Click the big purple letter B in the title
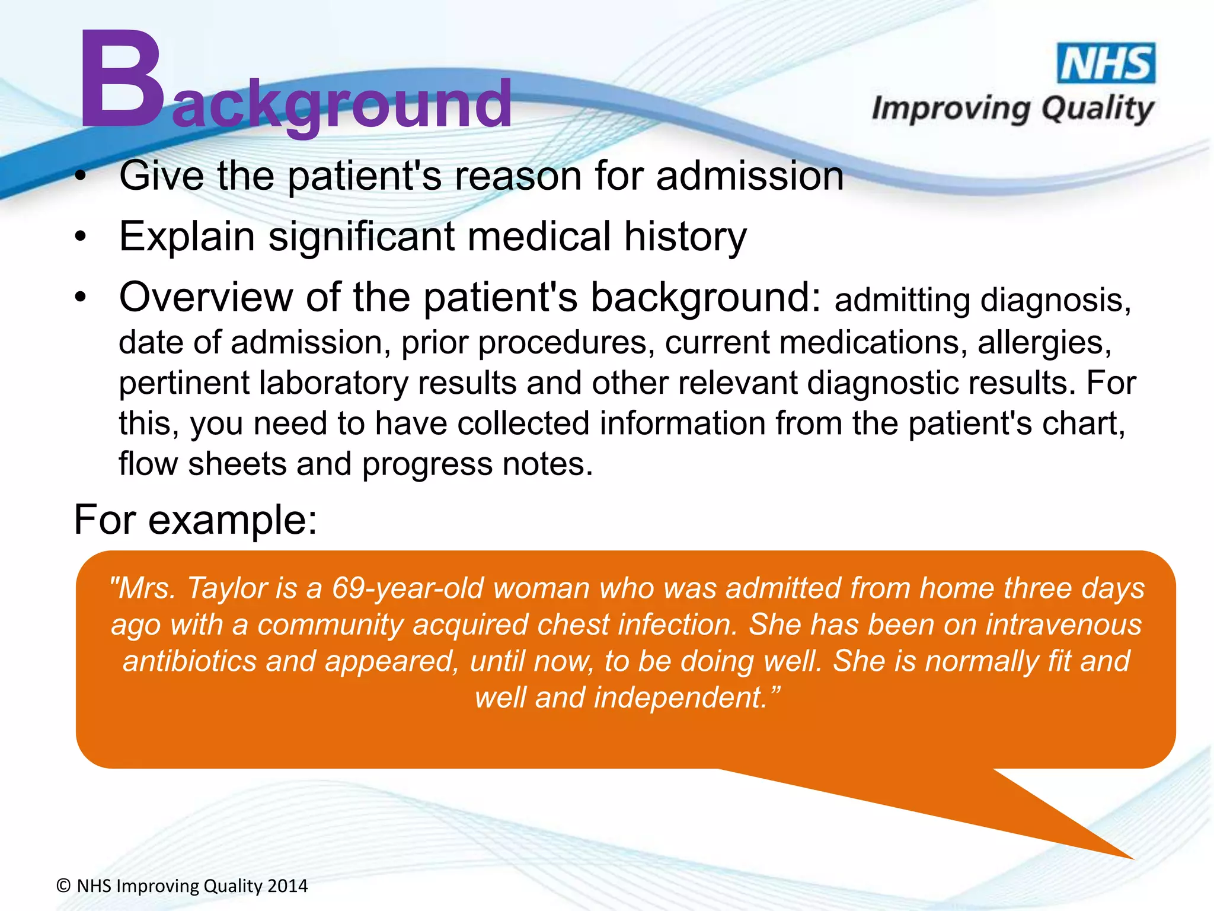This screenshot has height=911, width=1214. coord(122,80)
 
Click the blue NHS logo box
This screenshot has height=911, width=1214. coord(1106,63)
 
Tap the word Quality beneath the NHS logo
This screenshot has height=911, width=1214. coord(1097,110)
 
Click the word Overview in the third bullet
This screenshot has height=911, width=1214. coord(206,297)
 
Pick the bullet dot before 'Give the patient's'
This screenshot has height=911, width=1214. coord(81,177)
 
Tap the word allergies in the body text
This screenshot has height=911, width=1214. coord(1044,343)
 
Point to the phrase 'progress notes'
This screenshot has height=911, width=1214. coord(477,464)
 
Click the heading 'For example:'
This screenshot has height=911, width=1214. coord(196,520)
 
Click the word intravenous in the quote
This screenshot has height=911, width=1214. coord(1063,625)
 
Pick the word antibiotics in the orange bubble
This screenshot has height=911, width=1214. coord(189,661)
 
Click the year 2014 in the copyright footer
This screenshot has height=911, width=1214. coord(287,886)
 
